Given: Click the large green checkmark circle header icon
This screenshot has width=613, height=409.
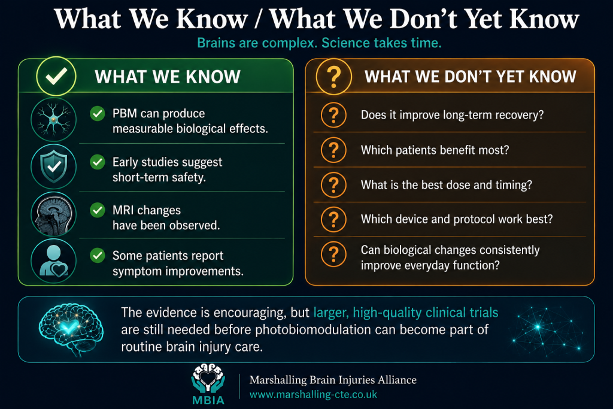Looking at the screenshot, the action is click(x=56, y=76).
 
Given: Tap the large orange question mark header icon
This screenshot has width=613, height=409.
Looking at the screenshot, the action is click(x=333, y=77).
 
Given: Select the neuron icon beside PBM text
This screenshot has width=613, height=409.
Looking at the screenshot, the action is click(x=53, y=119).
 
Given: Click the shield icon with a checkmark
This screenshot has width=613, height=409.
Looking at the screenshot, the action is click(x=53, y=166).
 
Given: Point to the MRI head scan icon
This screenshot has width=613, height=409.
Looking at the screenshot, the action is click(x=53, y=214).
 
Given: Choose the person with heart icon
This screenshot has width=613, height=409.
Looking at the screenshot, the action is click(x=53, y=261).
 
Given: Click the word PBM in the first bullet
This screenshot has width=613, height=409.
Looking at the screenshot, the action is click(x=125, y=113).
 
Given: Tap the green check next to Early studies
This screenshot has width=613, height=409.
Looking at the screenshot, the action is click(x=98, y=162).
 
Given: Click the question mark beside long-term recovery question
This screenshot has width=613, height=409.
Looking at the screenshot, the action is click(x=333, y=115).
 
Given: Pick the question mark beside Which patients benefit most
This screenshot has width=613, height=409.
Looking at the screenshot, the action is click(x=333, y=150).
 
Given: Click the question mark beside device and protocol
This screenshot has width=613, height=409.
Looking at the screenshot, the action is click(x=333, y=219).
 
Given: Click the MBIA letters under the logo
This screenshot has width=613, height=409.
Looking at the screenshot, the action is click(x=208, y=401).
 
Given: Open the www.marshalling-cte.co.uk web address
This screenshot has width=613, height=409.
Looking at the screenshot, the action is click(x=313, y=395).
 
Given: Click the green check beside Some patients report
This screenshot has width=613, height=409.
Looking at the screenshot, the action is click(x=98, y=256).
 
